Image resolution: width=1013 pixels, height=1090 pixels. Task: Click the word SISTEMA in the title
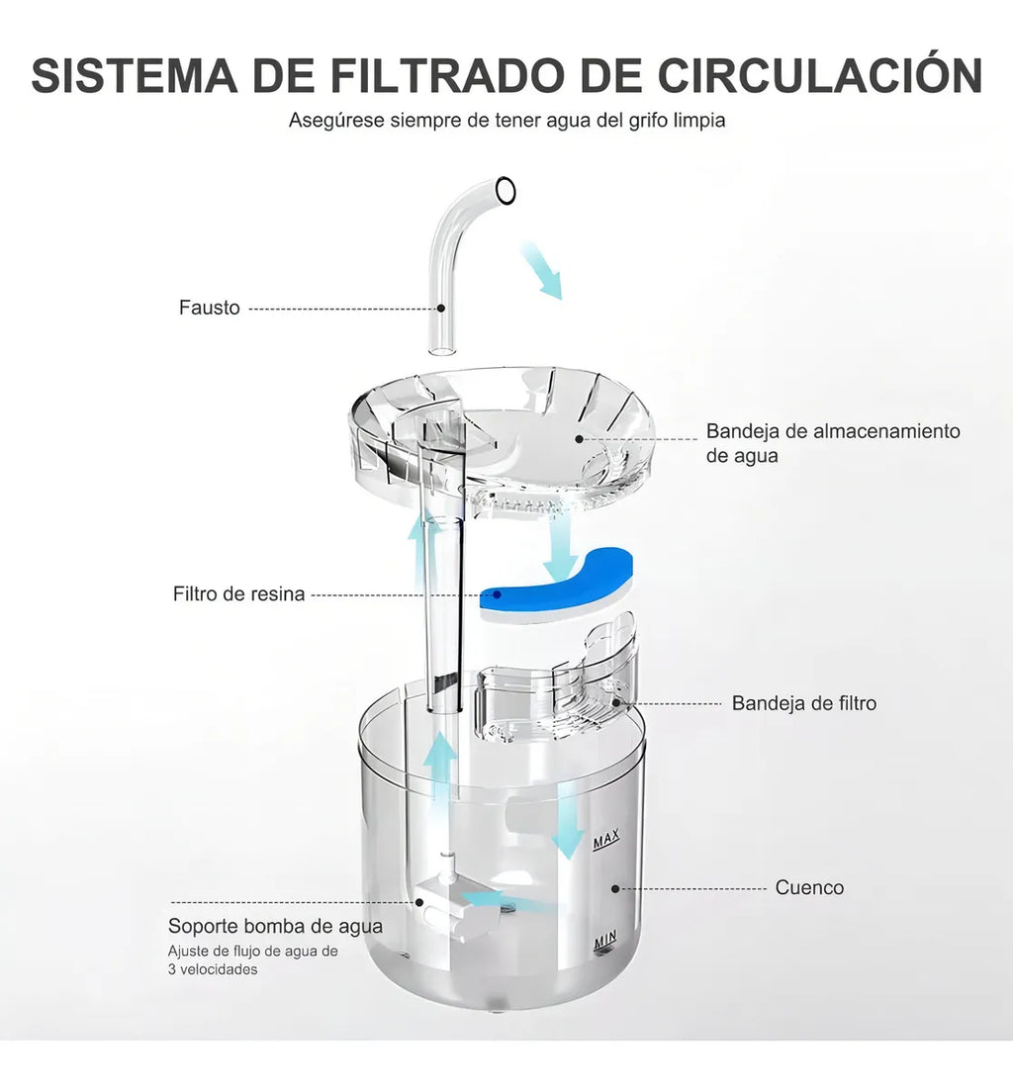coord(135,75)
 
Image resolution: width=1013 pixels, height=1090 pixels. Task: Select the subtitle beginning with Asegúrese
coord(506,121)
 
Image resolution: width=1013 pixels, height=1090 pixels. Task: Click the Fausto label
coord(210,308)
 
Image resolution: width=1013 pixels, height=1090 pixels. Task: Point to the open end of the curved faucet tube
coord(506,191)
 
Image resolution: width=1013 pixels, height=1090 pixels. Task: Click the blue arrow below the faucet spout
coord(542,270)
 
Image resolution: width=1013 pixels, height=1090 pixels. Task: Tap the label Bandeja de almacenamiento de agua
coord(833,443)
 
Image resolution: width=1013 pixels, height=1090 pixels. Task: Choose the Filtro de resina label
coord(238,593)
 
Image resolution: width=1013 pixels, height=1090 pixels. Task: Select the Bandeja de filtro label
coord(803,703)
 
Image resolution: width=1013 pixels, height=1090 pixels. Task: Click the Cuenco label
coord(809,887)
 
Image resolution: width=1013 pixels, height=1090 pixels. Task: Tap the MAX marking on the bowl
coord(606,840)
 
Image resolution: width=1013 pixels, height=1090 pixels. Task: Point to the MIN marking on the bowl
coord(604,941)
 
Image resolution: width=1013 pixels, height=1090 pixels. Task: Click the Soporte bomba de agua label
coord(275,926)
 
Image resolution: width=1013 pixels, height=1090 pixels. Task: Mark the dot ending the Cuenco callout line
coord(614,888)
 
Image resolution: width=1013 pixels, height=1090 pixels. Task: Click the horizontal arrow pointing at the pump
coord(511,903)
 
